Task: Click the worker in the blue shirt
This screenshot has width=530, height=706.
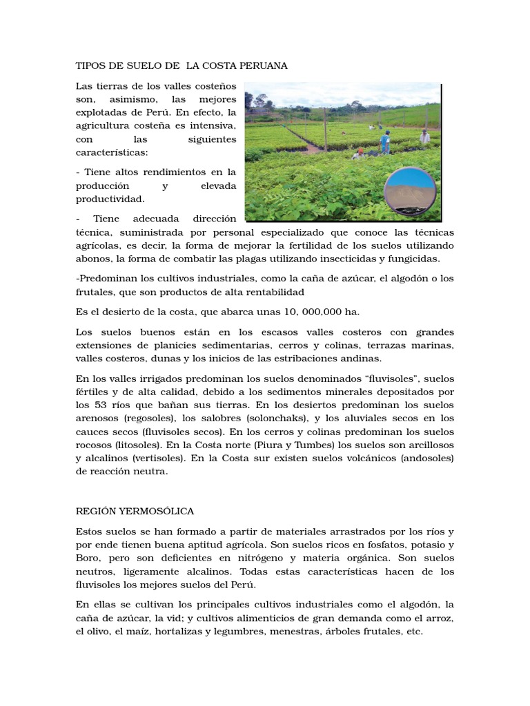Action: tap(385, 142)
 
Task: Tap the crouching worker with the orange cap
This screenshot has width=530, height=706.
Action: tap(358, 154)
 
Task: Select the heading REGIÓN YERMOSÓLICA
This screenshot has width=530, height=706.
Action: tap(135, 511)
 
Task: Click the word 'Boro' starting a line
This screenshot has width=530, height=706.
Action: tap(88, 558)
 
